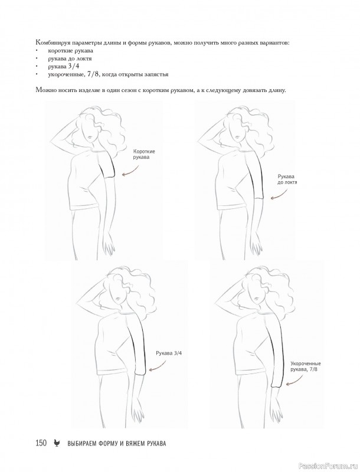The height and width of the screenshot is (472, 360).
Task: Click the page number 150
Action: [41, 443]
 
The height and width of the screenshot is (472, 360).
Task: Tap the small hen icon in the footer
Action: [56, 443]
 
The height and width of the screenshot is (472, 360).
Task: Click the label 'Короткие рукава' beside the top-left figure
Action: [142, 154]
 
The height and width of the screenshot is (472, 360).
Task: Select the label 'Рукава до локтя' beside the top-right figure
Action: [287, 179]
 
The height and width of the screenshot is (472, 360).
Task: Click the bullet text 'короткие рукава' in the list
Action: [70, 51]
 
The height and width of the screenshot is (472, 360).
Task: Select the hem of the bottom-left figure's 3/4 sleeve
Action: [140, 374]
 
